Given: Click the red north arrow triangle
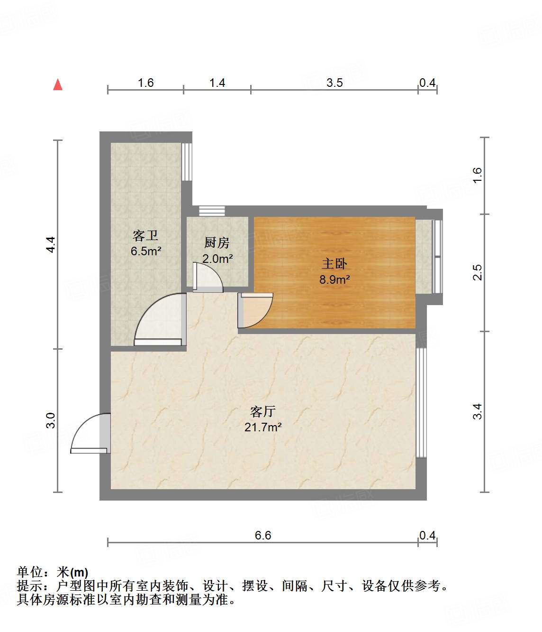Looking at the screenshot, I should pos(58,85).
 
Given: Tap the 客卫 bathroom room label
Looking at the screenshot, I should pos(145,235).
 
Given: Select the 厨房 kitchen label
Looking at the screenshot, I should pos(217,243).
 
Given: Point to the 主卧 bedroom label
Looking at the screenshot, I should pos(334,263).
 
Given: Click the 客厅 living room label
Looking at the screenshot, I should pos(263,411).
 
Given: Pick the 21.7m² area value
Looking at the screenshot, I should pos(263,427).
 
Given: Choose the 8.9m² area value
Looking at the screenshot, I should pos(334,279).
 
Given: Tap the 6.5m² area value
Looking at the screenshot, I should pos(146,251).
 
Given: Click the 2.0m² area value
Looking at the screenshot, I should pos(217,259).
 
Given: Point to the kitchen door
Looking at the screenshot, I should pos(207,277).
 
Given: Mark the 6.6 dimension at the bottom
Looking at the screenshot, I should pos(263,535).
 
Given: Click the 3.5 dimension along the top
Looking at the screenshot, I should pos(334,83).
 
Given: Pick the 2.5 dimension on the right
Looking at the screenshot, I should pos(477,272).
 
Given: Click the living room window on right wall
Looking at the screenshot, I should pos(421,403).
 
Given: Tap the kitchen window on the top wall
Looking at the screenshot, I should pos(212,211).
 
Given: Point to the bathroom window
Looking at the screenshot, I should pos(187,161).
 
